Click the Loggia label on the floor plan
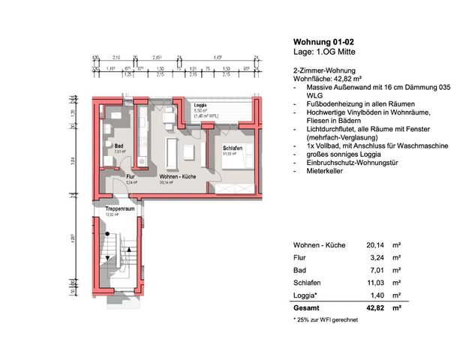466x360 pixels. (200, 106)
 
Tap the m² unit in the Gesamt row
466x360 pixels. (396, 307)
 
